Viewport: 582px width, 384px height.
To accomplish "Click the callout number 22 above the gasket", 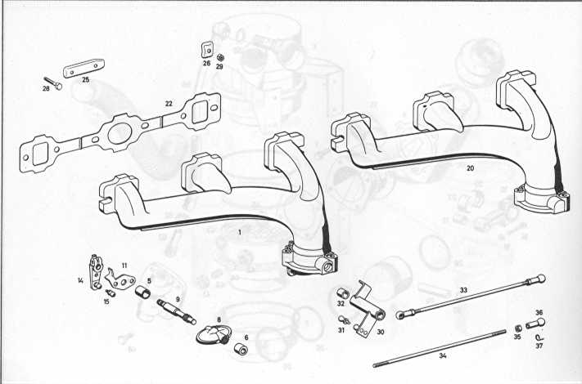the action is click(x=169, y=104).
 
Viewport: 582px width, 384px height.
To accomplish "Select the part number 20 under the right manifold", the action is click(x=471, y=168).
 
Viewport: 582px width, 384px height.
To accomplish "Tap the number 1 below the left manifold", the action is click(x=240, y=233).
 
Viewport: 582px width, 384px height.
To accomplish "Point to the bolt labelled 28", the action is click(x=52, y=83).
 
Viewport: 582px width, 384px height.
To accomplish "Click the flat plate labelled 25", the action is click(x=83, y=68).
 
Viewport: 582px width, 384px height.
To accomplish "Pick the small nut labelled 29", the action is click(x=219, y=58).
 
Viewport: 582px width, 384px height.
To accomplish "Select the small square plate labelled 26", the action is click(x=207, y=49).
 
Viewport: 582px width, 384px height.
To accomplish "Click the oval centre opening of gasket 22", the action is click(x=120, y=133).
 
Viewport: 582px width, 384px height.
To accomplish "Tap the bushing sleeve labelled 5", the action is click(x=142, y=292).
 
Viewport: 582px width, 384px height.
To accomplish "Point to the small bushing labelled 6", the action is click(x=241, y=350).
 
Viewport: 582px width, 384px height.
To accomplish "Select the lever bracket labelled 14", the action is click(x=96, y=271).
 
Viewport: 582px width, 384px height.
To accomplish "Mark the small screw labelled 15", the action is click(x=111, y=293).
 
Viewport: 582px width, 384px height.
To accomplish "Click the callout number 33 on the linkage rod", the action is click(x=463, y=290).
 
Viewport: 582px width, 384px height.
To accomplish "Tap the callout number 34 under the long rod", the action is click(x=443, y=355).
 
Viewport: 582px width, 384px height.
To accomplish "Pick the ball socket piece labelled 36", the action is click(x=535, y=324).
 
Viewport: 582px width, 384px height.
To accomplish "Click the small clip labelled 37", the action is click(x=539, y=337).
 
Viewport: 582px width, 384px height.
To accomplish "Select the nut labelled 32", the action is click(x=342, y=293).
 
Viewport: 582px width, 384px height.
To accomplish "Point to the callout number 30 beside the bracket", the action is click(x=381, y=332).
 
